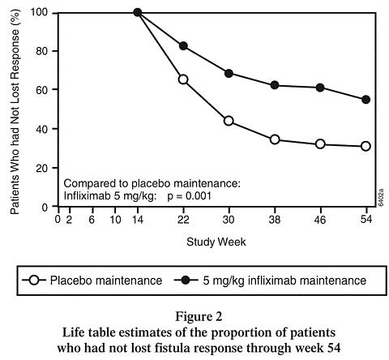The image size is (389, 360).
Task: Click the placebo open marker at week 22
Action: pos(183,79)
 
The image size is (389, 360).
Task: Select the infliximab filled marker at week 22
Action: pos(183,46)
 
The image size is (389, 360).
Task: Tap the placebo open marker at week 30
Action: pos(229,121)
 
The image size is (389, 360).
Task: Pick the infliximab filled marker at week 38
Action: pos(275,85)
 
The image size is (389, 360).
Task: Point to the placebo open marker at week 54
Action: pos(365,146)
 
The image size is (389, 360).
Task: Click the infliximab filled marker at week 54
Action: pos(365,100)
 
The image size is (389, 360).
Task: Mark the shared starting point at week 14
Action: pos(138,12)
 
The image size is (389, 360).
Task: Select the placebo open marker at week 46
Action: pos(320,144)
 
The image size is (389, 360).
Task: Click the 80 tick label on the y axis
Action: pos(43,51)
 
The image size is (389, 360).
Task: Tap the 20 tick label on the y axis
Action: pos(43,168)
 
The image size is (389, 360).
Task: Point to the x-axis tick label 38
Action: pos(275,220)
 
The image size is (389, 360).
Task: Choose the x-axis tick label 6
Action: pos(92,220)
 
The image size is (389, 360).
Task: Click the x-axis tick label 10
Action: pos(115,220)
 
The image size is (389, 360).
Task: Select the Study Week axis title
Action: pos(216,242)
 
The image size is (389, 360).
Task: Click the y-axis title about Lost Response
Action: pos(15,111)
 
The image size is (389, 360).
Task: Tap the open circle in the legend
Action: pos(34,281)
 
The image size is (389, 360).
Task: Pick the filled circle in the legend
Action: pos(186,281)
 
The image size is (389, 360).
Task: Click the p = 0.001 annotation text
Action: pos(189,196)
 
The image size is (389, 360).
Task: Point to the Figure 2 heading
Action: pos(199,316)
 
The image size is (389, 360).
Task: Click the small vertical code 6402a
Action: pos(381,197)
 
